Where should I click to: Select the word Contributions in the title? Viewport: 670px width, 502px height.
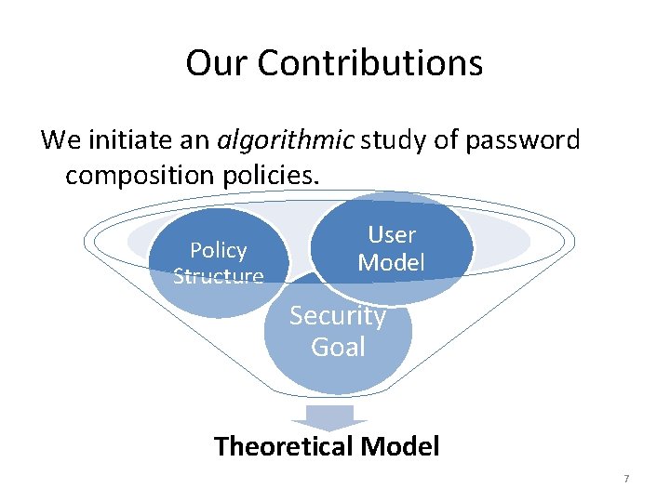coord(369,63)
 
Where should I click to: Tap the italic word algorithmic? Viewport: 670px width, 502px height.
coord(285,140)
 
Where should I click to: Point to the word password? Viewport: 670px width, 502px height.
coord(523,140)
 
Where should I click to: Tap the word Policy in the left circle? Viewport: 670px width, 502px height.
coord(219,250)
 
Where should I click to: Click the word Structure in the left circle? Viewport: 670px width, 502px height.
coord(219,276)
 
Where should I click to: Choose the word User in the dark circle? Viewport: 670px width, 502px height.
coord(392,234)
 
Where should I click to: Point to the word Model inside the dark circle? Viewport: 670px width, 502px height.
coord(392,262)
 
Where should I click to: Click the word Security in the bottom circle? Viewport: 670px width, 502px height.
coord(338,316)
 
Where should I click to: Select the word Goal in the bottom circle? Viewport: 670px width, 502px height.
coord(338,347)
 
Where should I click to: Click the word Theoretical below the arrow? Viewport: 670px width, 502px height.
coord(283,446)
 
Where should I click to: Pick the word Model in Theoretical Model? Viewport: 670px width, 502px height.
coord(399,446)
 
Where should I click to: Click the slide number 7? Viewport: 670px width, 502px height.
coord(626,479)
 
